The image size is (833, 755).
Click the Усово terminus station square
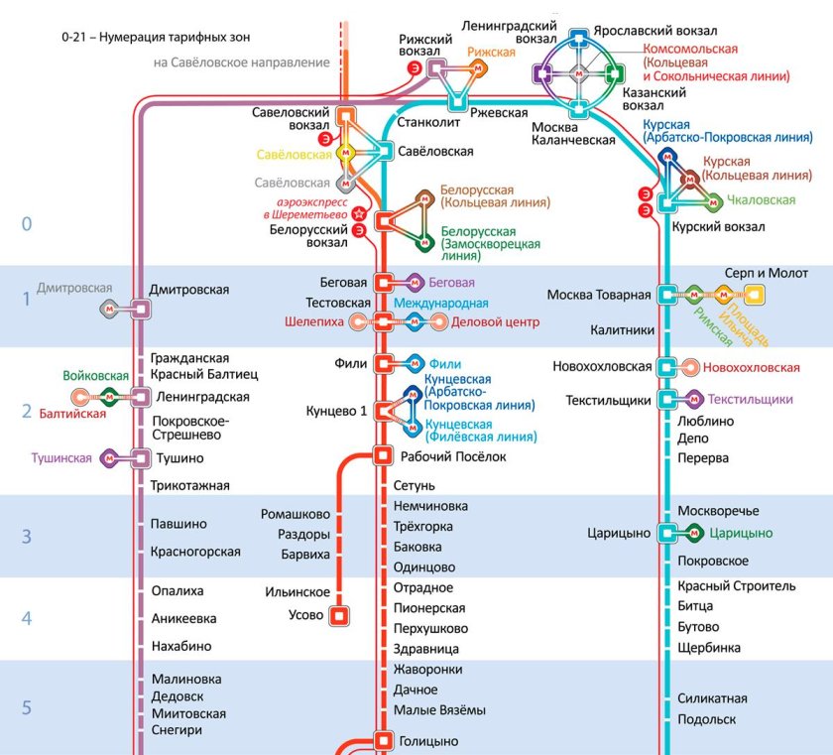tap(339, 615)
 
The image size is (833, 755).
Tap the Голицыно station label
tap(428, 741)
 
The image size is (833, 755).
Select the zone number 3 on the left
tap(27, 536)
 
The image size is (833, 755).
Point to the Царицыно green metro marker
tap(693, 533)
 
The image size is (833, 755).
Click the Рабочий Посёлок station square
tap(383, 455)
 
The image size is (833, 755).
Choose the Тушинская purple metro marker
tap(109, 458)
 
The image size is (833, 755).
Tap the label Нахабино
tap(181, 646)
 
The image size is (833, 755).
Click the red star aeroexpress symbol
tap(359, 214)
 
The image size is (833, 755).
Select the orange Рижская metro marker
tap(478, 68)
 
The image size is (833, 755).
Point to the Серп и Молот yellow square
tap(755, 294)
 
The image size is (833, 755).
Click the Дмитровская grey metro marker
tap(109, 309)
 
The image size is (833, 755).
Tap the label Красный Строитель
tap(736, 585)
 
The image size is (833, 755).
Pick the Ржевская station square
tap(457, 101)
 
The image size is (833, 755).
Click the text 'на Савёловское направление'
tap(242, 63)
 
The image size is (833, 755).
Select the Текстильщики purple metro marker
tap(693, 399)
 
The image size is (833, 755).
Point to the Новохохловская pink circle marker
tap(690, 367)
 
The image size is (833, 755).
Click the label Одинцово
tap(424, 566)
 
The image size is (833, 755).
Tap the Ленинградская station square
tap(141, 397)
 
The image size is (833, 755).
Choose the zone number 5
tap(27, 707)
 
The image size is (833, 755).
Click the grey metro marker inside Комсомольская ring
tap(578, 73)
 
